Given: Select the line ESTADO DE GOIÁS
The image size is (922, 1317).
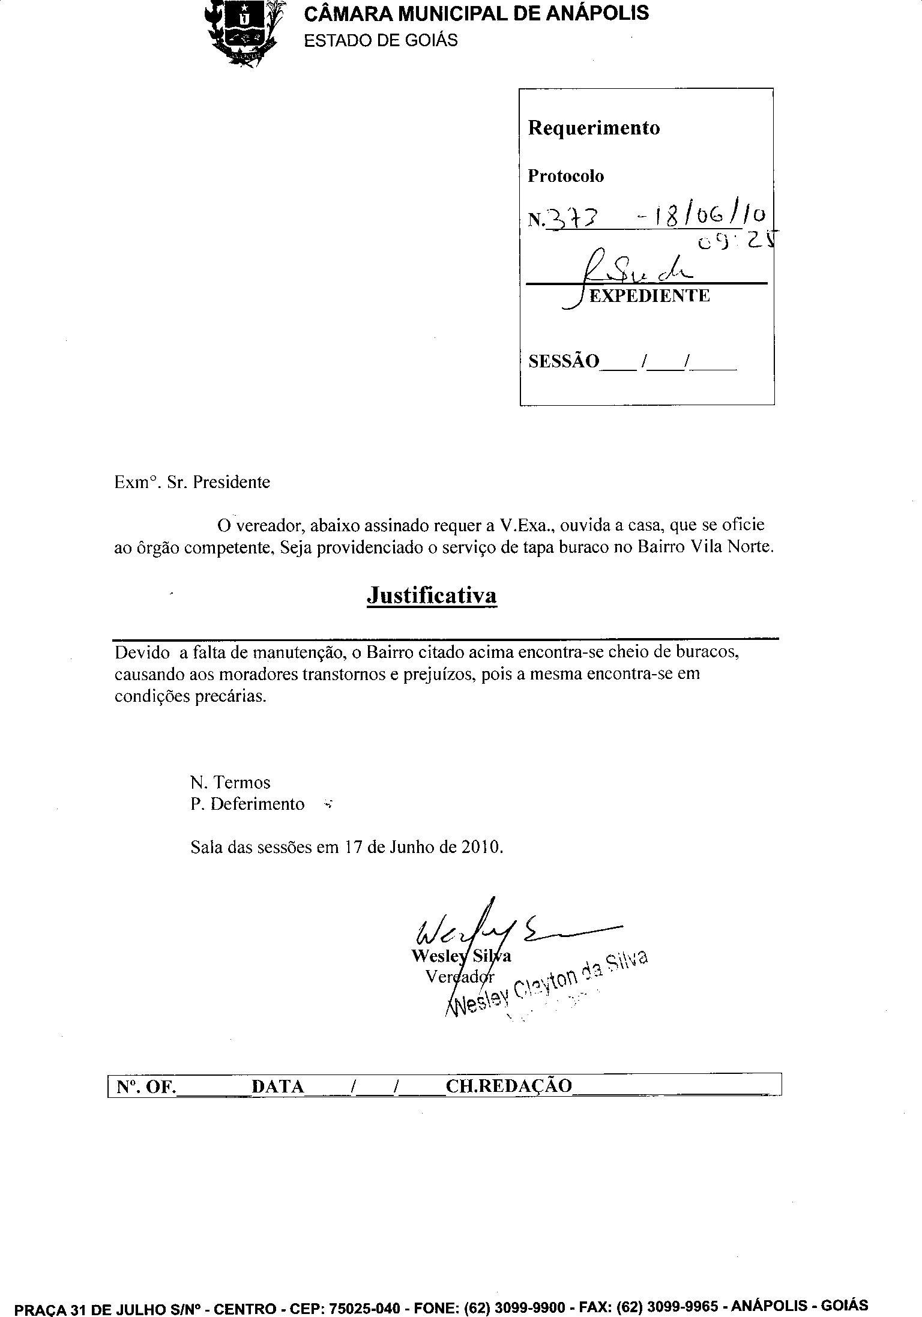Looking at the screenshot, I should [381, 40].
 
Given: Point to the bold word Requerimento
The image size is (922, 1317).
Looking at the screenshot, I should [594, 128].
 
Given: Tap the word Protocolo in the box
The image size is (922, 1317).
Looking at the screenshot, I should [565, 176].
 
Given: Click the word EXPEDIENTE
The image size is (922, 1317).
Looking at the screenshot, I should [649, 295].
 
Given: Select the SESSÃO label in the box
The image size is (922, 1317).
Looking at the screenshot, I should [563, 361].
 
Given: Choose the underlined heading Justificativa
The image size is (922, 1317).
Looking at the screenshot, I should [432, 595].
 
